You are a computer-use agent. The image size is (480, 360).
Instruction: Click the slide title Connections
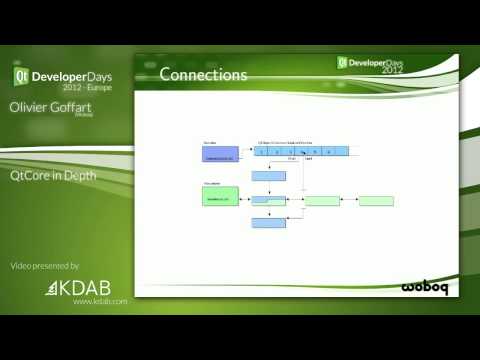(203, 74)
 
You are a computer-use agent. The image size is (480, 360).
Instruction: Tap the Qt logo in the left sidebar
(19, 76)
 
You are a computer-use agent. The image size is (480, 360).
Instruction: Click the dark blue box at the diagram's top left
(220, 153)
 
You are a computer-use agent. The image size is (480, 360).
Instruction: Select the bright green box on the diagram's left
(220, 197)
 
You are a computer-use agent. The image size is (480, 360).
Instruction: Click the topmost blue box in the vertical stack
(269, 176)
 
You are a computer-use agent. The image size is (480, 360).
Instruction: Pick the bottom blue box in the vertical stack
(269, 223)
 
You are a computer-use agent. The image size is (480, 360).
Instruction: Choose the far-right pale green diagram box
(376, 201)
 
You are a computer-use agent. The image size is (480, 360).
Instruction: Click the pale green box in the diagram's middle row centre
(322, 201)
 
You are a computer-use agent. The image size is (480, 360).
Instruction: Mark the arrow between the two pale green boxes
(349, 201)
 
